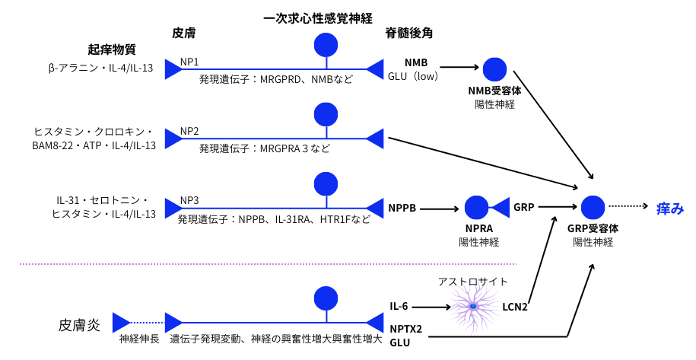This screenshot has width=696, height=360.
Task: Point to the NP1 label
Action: pos(189,62)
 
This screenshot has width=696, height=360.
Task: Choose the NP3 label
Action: pos(189,200)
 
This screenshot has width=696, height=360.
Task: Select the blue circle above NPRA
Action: pos(476,207)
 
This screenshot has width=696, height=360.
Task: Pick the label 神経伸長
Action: pos(139,339)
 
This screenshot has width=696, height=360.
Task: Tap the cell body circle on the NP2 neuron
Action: pos(326,116)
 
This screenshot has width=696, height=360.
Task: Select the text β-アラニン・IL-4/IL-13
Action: pos(100,68)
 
